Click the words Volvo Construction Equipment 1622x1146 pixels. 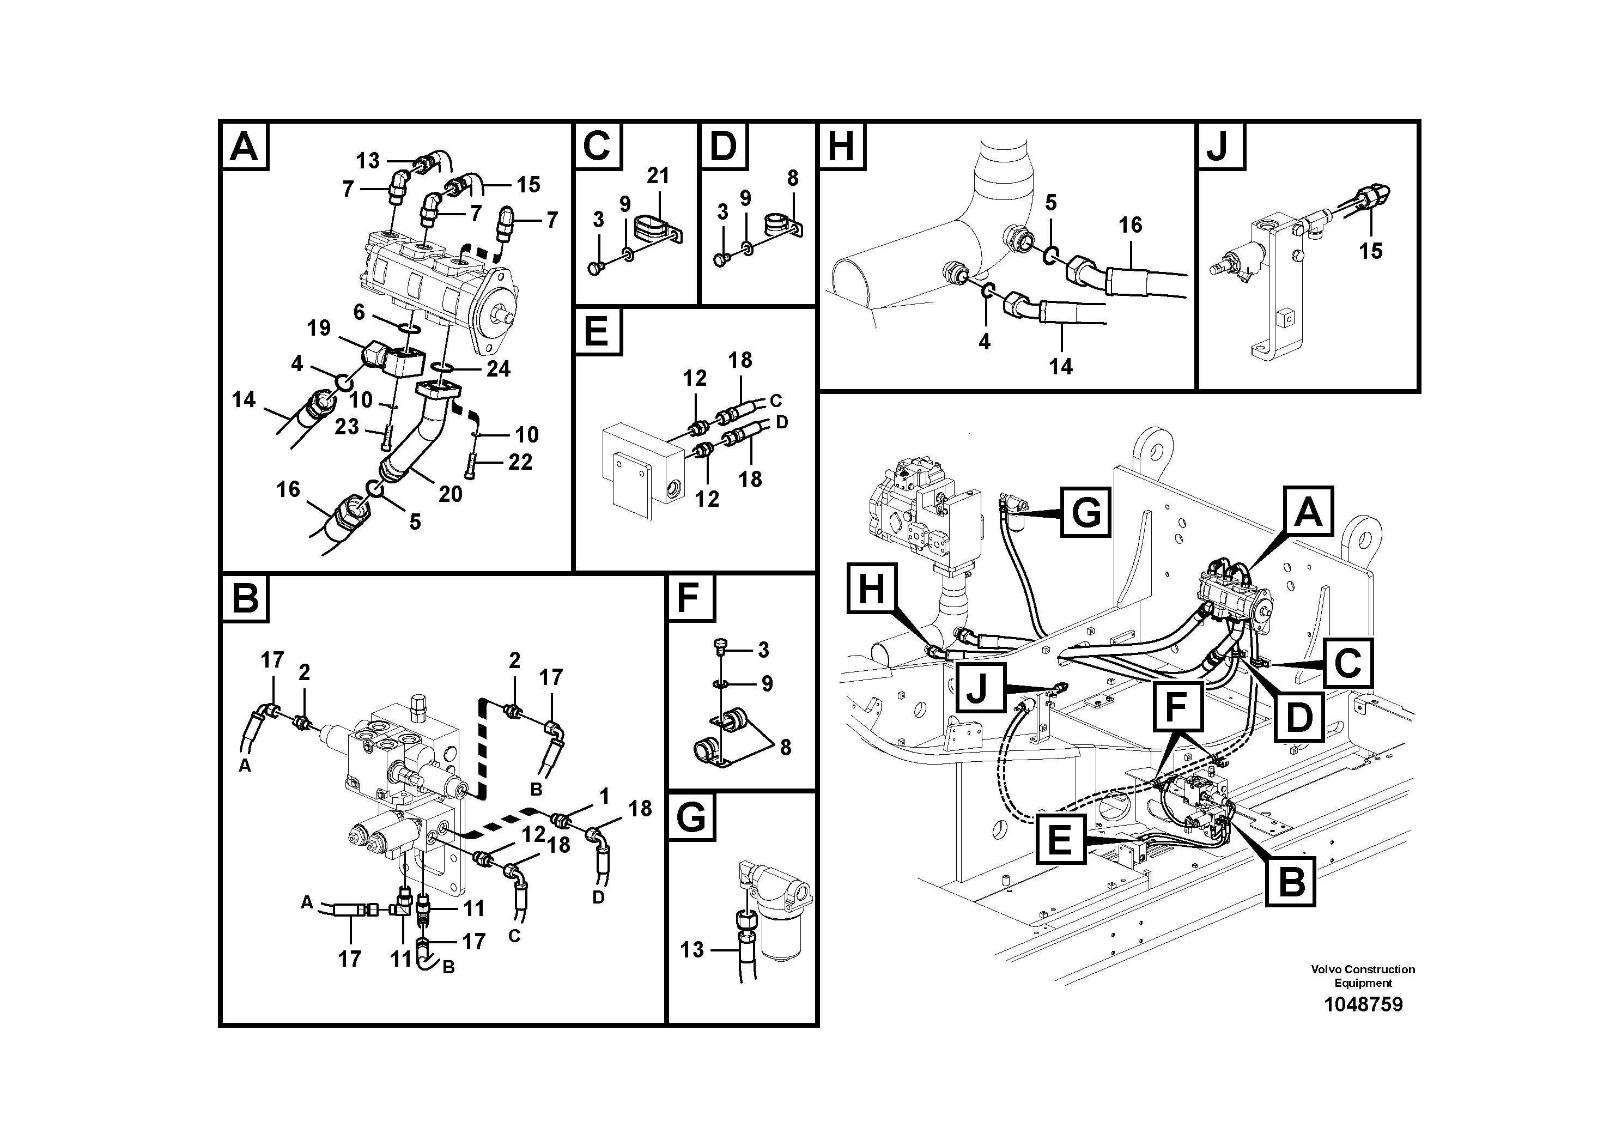point(1363,976)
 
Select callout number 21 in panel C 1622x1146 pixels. point(658,175)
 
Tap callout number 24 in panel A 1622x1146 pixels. point(498,368)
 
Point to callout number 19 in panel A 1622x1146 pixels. point(319,328)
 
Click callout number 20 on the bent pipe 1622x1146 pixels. point(450,493)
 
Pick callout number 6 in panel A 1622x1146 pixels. point(359,312)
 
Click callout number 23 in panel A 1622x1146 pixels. point(346,426)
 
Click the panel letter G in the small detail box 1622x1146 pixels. point(690,817)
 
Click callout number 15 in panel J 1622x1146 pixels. point(1370,251)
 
